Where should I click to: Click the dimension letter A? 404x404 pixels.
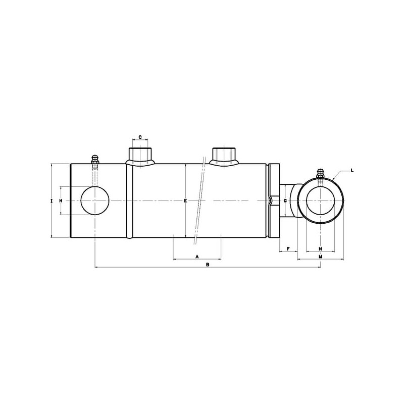pos(197,257)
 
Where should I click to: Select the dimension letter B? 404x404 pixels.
pos(208,265)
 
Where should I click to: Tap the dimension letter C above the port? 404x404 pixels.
pos(140,137)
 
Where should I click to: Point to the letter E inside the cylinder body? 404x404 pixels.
pos(185,200)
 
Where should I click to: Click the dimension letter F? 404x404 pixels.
pos(288,248)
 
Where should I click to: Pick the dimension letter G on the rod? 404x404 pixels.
pos(285,200)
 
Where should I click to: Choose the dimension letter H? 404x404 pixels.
pos(61,200)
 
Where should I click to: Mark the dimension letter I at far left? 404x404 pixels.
pos(52,200)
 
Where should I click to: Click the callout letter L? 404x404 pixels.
pos(352,170)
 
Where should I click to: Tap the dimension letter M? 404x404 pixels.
pos(321,257)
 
